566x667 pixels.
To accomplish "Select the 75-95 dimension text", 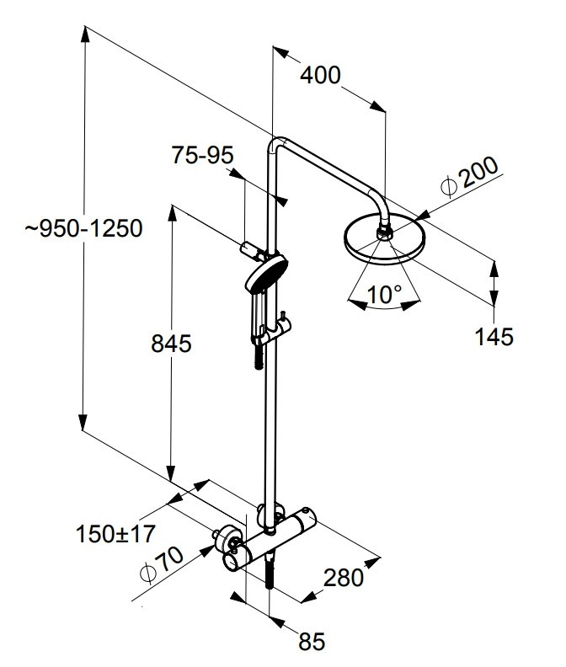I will pyautogui.click(x=202, y=155).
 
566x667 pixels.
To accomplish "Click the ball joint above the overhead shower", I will pyautogui.click(x=386, y=229).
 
